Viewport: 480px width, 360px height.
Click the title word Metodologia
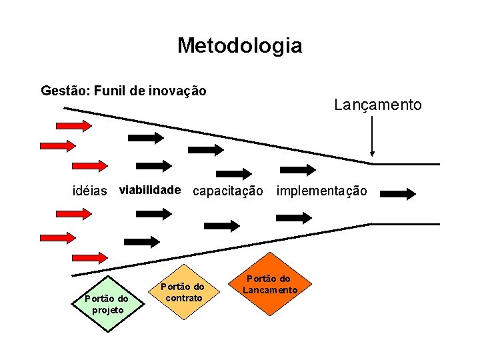(x=239, y=45)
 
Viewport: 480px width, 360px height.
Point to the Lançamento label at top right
(x=377, y=105)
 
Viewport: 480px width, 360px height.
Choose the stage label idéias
(x=89, y=191)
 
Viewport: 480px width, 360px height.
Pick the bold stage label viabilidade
(x=149, y=190)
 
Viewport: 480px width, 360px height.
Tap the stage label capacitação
(x=228, y=191)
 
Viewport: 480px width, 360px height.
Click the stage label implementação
(x=321, y=191)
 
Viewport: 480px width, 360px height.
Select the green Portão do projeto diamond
(x=106, y=303)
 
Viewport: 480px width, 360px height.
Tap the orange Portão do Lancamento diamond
(x=270, y=284)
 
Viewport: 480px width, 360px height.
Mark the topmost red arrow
(x=74, y=125)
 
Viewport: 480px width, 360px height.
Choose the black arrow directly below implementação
(x=294, y=217)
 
